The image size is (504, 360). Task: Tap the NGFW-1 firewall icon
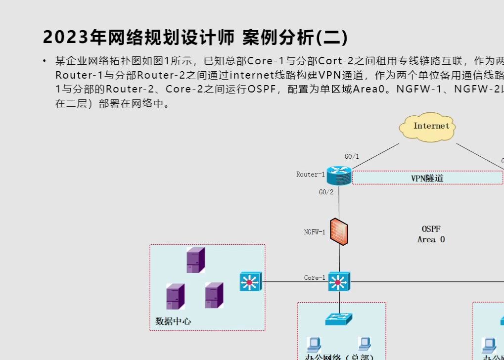(339, 231)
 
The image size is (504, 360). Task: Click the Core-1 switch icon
(339, 281)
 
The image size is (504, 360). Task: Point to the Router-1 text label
(311, 174)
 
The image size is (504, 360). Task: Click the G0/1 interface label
(352, 157)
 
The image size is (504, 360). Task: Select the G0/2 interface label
(326, 192)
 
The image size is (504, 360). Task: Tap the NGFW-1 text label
(315, 231)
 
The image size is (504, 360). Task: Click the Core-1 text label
(315, 278)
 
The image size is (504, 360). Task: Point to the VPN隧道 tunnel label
(427, 178)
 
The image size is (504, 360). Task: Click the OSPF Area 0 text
(431, 234)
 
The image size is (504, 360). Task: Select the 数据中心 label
(173, 321)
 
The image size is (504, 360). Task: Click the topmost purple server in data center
(195, 260)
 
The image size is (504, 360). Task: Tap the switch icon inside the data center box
(249, 281)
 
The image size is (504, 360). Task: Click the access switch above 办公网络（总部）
(339, 319)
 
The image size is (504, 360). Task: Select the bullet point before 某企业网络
(44, 61)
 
